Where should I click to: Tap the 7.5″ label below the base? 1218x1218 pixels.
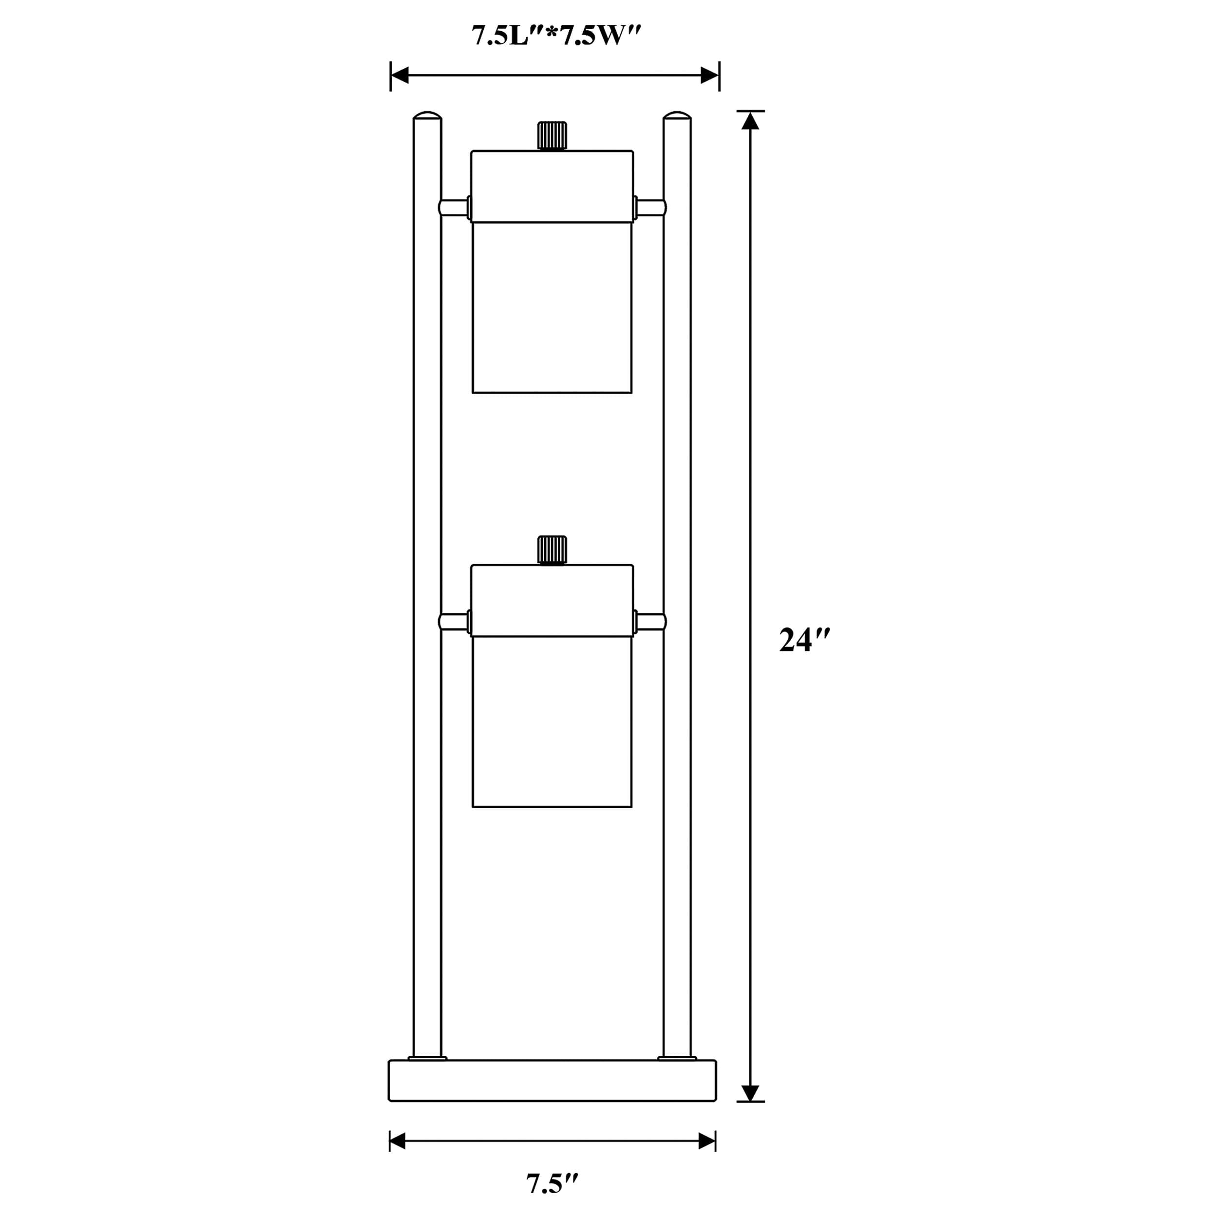552,1184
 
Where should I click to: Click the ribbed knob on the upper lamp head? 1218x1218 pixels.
552,135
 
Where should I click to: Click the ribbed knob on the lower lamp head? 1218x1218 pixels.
552,550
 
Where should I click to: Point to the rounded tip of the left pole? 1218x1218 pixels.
427,115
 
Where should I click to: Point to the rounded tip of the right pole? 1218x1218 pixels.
678,115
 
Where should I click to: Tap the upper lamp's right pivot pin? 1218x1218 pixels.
650,208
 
